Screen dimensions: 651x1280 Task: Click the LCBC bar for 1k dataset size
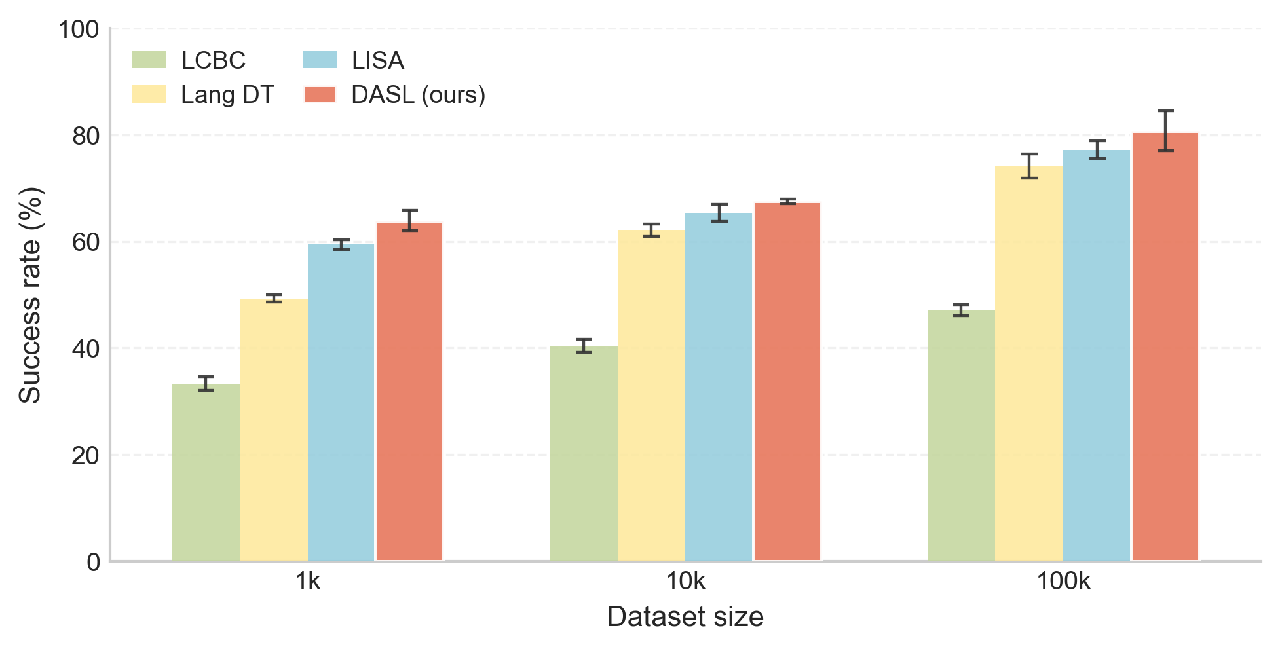[206, 472]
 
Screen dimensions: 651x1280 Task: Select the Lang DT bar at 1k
[274, 430]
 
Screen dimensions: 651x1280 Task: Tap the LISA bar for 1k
[341, 402]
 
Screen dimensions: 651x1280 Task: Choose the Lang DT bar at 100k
[1029, 363]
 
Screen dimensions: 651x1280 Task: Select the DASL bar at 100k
[1165, 347]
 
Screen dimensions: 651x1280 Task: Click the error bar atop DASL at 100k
[1165, 130]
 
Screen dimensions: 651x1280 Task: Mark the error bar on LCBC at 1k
[206, 384]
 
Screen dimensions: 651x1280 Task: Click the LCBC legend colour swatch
[149, 60]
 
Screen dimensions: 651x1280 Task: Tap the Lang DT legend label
[227, 95]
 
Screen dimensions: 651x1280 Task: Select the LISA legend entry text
[378, 60]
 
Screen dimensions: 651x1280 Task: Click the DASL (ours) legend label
[419, 95]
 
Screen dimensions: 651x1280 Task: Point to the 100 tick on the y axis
[79, 29]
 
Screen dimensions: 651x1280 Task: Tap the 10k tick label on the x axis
[685, 582]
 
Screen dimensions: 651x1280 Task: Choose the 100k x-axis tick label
[1063, 582]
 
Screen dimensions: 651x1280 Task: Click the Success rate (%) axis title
[29, 295]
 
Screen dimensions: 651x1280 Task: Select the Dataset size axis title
[685, 617]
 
